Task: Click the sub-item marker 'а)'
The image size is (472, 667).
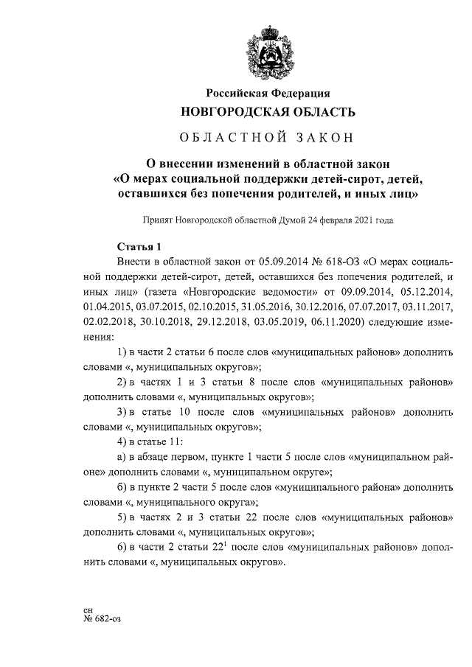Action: (122, 457)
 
